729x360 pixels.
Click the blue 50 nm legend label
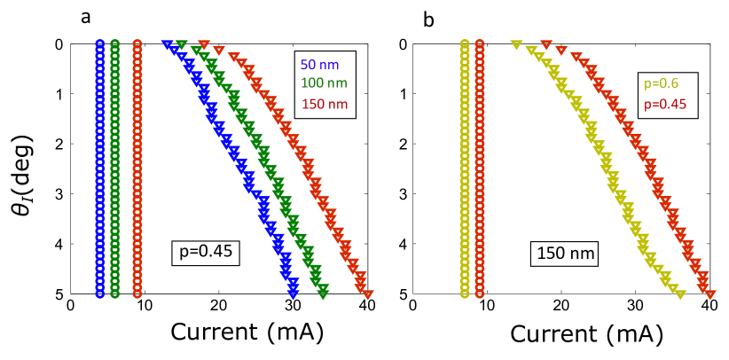point(319,65)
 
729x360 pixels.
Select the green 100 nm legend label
point(324,83)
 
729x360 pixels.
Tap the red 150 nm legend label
point(324,104)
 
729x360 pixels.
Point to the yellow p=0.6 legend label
point(661,83)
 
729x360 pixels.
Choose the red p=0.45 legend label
point(665,104)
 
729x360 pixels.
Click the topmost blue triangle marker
point(167,44)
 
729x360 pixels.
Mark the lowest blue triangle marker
point(293,294)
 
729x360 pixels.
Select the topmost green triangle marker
point(182,44)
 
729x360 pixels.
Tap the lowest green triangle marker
point(323,294)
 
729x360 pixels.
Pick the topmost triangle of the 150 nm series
point(204,44)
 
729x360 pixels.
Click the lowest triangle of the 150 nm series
point(368,294)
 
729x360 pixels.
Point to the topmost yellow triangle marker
point(515,44)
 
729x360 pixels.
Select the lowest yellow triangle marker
point(680,294)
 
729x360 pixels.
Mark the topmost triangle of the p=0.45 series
point(546,44)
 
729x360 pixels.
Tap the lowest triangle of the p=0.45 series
point(710,294)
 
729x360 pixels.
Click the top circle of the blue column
point(100,43)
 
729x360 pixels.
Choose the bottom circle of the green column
point(115,293)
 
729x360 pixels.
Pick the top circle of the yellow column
point(465,43)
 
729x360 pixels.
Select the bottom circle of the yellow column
point(465,293)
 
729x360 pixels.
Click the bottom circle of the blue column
point(100,293)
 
